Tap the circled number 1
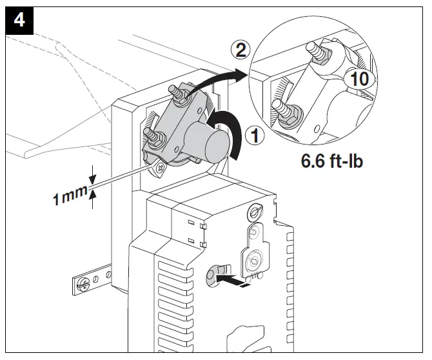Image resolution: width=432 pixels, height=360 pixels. click(256, 136)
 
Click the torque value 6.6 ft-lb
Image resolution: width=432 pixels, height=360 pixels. click(332, 161)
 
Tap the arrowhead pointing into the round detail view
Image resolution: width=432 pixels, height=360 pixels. click(242, 72)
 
